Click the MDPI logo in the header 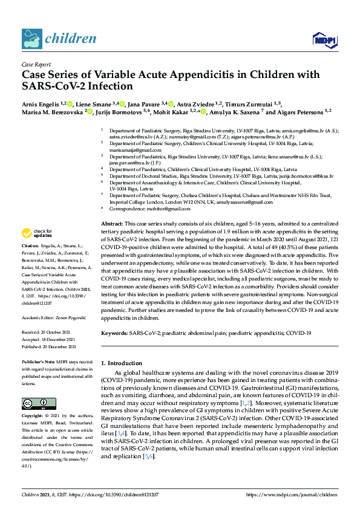(x=324, y=40)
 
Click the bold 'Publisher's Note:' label (x=38, y=360)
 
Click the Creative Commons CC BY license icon (x=35, y=404)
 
